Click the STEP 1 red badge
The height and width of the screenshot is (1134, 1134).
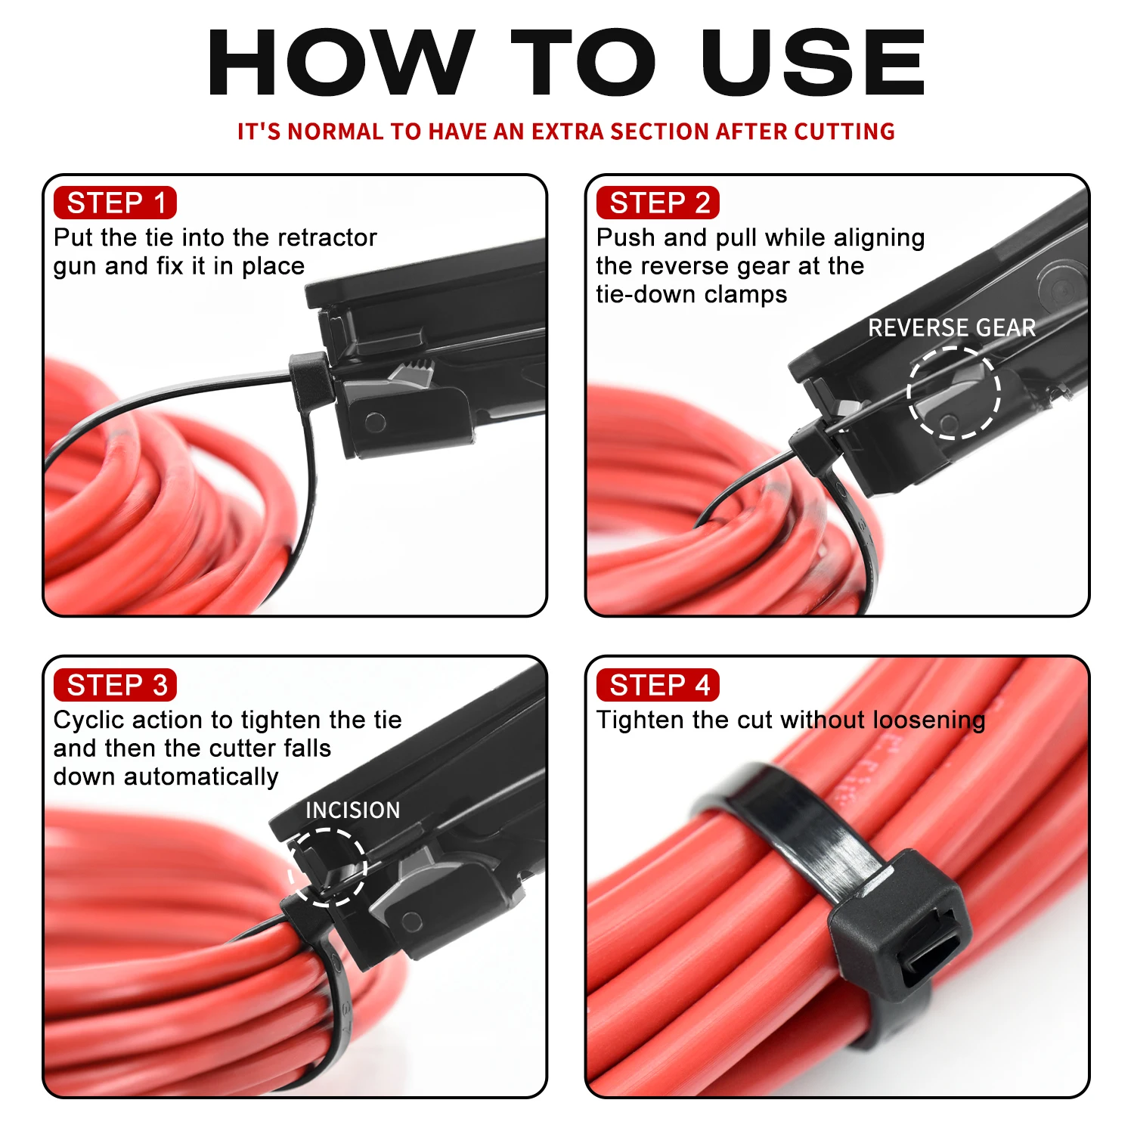point(115,203)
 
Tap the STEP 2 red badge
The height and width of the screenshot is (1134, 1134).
point(658,203)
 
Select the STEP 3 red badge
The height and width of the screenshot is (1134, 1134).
point(115,685)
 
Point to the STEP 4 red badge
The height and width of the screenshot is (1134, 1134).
point(658,685)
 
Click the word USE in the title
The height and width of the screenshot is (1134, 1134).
point(813,64)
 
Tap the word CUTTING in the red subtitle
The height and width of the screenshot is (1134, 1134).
point(844,132)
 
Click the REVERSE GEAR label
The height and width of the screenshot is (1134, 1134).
point(951,327)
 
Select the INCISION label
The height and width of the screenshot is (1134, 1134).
point(352,810)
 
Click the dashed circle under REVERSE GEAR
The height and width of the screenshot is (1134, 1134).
point(953,392)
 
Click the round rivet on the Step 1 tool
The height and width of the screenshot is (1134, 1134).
point(376,421)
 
